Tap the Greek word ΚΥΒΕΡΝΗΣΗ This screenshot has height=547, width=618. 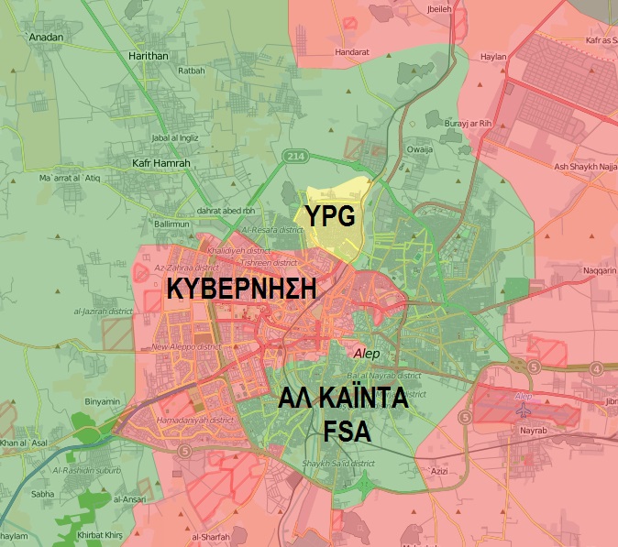241,290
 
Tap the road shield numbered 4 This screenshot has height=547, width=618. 597,369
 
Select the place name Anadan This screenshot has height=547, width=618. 46,38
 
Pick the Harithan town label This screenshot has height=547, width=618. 149,56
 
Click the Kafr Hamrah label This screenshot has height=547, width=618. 160,163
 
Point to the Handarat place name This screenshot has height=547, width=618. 351,52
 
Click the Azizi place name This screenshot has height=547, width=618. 441,470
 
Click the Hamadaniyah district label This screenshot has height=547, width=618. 194,420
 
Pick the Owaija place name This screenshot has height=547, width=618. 419,148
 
